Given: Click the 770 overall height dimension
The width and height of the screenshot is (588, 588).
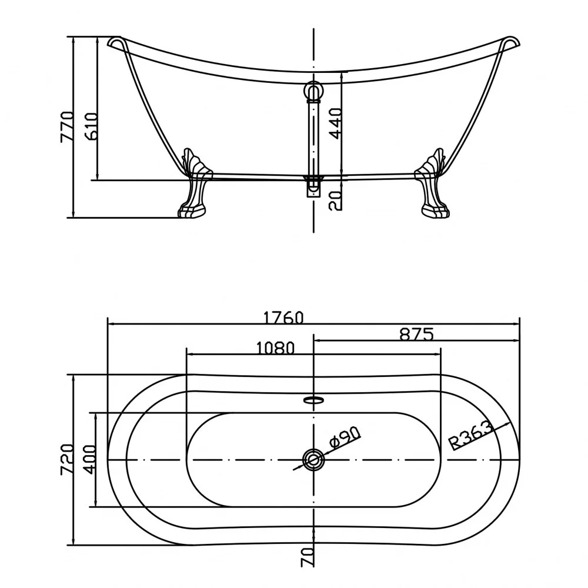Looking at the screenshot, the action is click(67, 127).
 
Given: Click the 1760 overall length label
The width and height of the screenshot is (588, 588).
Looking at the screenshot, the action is click(283, 318).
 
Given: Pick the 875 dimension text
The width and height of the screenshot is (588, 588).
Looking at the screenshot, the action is click(416, 334).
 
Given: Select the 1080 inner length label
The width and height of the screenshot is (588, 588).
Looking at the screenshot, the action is click(276, 348).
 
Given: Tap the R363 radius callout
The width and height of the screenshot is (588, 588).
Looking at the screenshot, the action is click(471, 435).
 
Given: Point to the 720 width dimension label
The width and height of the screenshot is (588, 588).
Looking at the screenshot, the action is click(67, 459).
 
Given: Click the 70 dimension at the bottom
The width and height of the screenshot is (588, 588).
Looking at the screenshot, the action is click(307, 556).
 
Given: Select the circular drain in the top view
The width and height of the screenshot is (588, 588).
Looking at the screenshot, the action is click(313, 459).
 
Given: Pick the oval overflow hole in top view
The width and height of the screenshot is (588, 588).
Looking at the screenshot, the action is click(313, 399).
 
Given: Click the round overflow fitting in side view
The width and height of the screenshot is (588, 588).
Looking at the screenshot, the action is click(313, 91).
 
